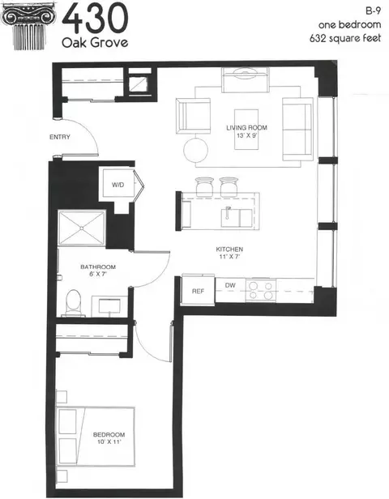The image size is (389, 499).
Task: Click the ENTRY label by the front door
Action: coord(60,137)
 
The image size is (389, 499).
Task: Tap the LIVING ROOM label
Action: coord(246,128)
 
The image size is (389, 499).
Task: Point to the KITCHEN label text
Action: coord(229,249)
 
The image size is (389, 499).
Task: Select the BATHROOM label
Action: coord(98,267)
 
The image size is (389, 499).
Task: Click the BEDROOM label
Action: coord(109,435)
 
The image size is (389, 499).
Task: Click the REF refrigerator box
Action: coord(198,291)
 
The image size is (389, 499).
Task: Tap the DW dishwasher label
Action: coord(230,285)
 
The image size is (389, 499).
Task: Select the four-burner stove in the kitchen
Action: coord(261,290)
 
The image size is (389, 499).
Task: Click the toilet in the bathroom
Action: coord(75,303)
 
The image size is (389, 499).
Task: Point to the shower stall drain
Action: coord(82,228)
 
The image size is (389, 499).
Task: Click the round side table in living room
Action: coord(196,150)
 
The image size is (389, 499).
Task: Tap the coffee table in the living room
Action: coord(246,130)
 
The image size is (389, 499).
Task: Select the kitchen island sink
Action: coord(237,218)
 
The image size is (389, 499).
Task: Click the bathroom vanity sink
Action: coord(109,306)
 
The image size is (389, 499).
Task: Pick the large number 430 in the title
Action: coord(95,19)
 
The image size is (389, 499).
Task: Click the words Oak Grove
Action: coord(95,42)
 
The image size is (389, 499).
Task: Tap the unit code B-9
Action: coord(373,11)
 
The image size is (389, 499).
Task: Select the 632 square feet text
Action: coord(345,38)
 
